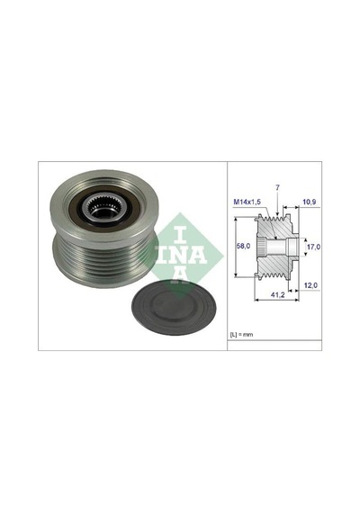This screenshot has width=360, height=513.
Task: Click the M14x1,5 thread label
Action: click(x=247, y=202)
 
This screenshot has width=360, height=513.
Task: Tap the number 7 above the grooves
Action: click(x=277, y=188)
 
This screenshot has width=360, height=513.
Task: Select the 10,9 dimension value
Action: click(x=310, y=202)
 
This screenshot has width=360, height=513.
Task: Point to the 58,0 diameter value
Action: click(x=244, y=246)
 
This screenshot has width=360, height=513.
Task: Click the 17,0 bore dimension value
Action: click(x=313, y=247)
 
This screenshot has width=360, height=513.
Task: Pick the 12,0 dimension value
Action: click(x=310, y=285)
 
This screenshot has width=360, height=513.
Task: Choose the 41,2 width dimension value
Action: click(x=277, y=295)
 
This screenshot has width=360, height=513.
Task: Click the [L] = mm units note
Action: click(x=242, y=335)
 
